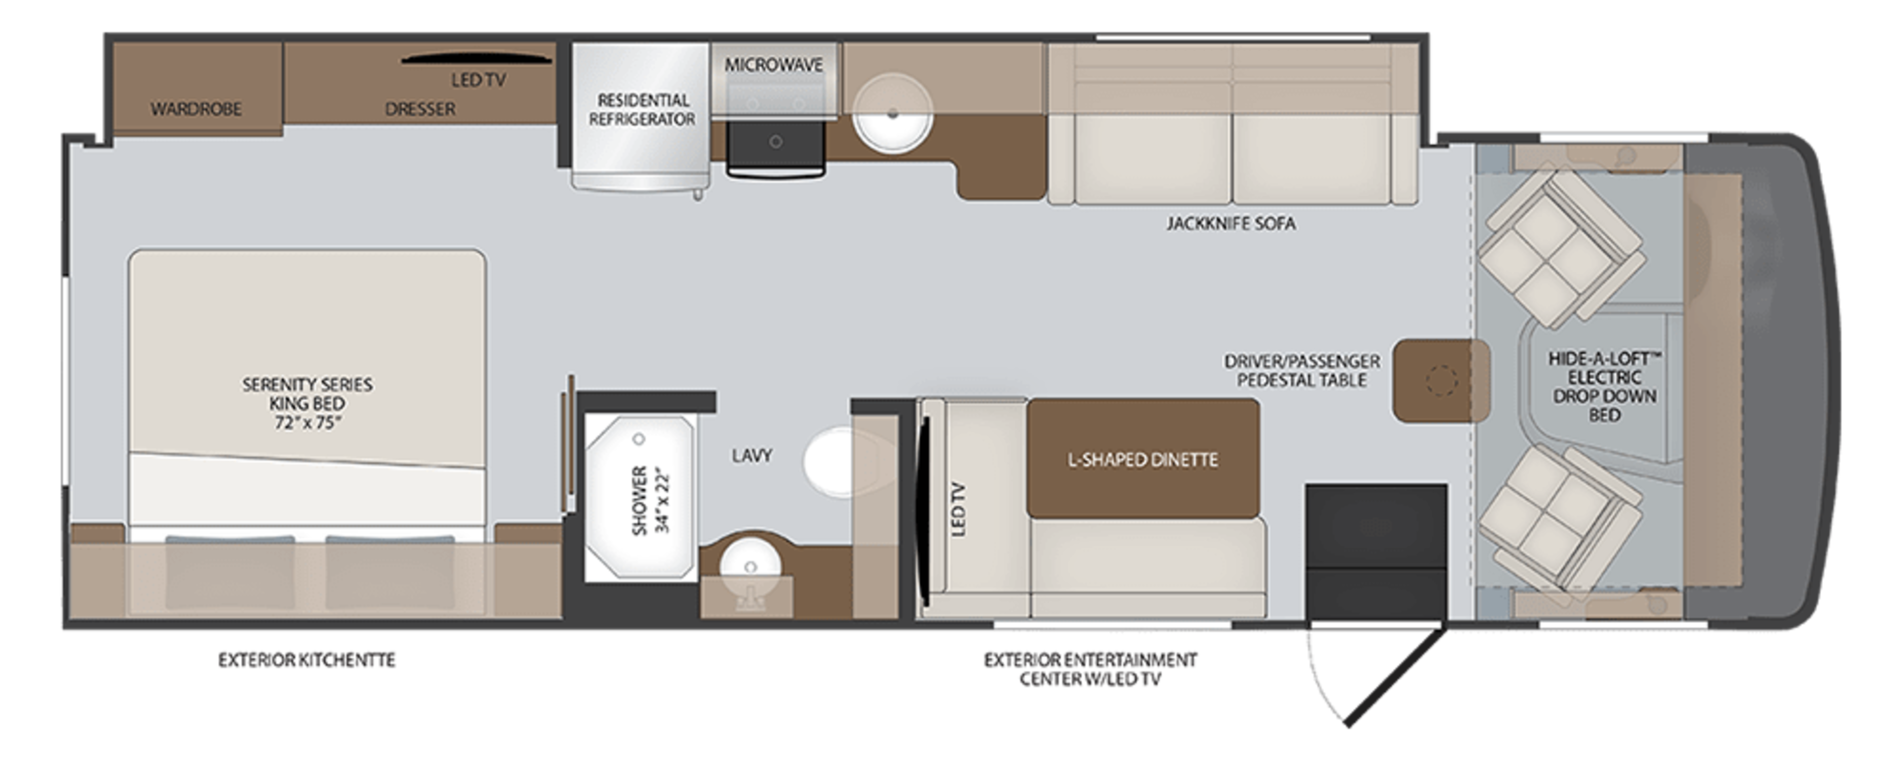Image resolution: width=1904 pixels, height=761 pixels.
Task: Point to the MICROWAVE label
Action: pos(773,65)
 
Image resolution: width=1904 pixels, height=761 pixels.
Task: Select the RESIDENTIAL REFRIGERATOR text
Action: pos(642,109)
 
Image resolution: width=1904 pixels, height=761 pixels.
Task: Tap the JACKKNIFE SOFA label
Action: pos(1231,223)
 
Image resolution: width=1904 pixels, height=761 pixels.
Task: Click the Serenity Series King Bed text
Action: pos(307,403)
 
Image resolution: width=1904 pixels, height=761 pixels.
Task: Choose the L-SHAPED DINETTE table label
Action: pos(1142,460)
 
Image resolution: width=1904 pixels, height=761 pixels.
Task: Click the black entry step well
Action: pos(1375,550)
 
